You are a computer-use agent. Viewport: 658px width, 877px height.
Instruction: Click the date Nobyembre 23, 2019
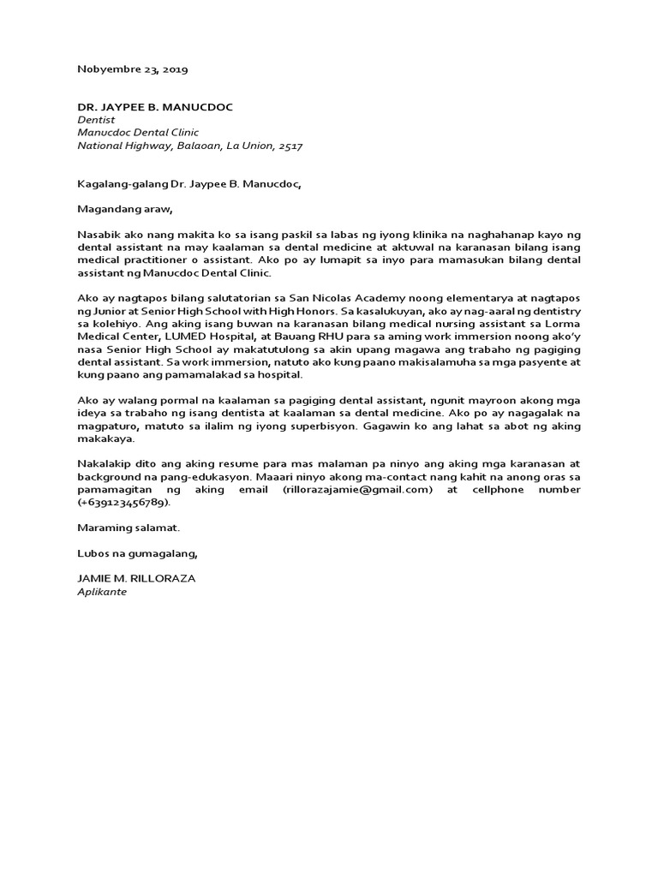point(133,69)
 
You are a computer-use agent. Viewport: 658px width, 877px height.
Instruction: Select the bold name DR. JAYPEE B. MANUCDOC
point(155,107)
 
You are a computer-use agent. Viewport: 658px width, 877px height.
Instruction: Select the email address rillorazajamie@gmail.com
point(362,489)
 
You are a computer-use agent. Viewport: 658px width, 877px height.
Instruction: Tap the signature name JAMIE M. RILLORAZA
point(136,578)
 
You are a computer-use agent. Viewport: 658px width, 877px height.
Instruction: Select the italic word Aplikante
point(101,591)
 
